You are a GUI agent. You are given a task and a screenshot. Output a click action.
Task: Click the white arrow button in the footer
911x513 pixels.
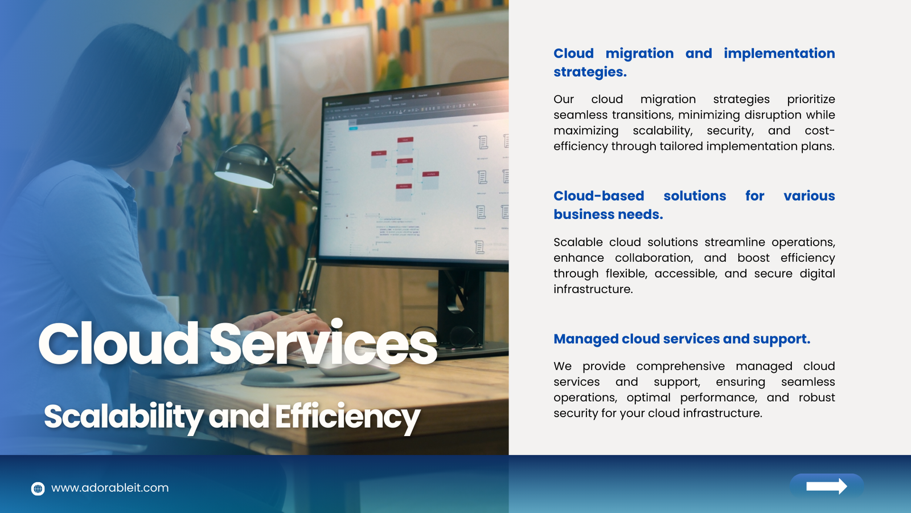826,486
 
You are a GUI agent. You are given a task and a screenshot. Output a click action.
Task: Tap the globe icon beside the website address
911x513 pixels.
38,488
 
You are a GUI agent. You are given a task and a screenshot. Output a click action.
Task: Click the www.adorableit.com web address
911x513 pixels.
110,488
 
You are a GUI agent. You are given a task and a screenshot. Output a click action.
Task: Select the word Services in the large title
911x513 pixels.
323,343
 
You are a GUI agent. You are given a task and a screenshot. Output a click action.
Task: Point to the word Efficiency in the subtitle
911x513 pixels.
348,417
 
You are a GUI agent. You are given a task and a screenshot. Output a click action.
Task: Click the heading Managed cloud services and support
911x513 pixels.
682,339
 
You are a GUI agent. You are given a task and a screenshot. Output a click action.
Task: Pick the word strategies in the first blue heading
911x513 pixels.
590,72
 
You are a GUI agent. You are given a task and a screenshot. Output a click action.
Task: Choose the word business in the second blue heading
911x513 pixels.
589,214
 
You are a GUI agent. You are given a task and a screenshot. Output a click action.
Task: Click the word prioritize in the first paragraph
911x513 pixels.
811,99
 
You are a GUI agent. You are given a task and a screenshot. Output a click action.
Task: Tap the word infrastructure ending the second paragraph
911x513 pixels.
593,289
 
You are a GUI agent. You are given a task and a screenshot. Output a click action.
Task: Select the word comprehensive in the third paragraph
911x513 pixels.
680,367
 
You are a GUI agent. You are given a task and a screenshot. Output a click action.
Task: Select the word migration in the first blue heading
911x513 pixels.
639,54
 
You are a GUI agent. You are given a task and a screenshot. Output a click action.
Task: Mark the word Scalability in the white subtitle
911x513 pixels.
124,417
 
